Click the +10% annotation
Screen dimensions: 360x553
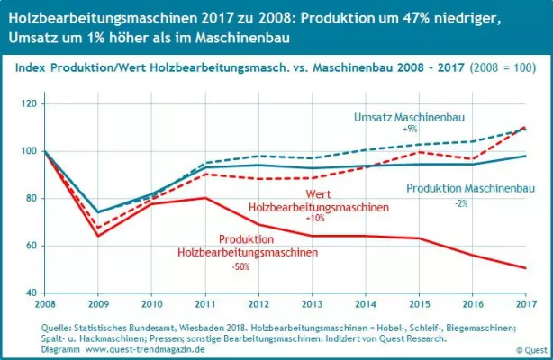[315, 219]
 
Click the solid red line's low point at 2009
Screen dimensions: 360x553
[98, 236]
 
